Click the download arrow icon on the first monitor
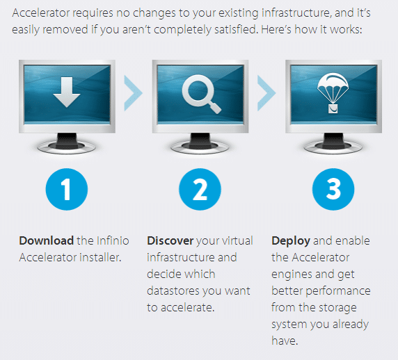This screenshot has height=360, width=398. [x=67, y=92]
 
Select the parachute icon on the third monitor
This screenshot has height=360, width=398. [x=333, y=93]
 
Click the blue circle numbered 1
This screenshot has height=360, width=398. [x=67, y=189]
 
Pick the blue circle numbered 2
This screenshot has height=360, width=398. [x=200, y=189]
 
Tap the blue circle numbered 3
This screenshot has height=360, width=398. [x=333, y=189]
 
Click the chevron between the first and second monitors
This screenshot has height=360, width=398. [x=134, y=93]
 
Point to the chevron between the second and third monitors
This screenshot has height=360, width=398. [x=266, y=93]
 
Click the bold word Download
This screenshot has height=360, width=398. [x=47, y=240]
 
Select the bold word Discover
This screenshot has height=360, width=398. [x=170, y=240]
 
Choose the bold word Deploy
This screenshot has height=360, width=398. [x=291, y=241]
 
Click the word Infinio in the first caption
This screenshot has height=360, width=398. [x=113, y=240]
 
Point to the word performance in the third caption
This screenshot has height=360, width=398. [x=338, y=291]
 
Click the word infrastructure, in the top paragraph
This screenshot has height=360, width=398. [x=296, y=13]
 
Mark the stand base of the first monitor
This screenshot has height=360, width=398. [x=67, y=147]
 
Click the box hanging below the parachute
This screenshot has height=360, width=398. [x=333, y=108]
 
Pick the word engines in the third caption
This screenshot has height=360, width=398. [x=292, y=275]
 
